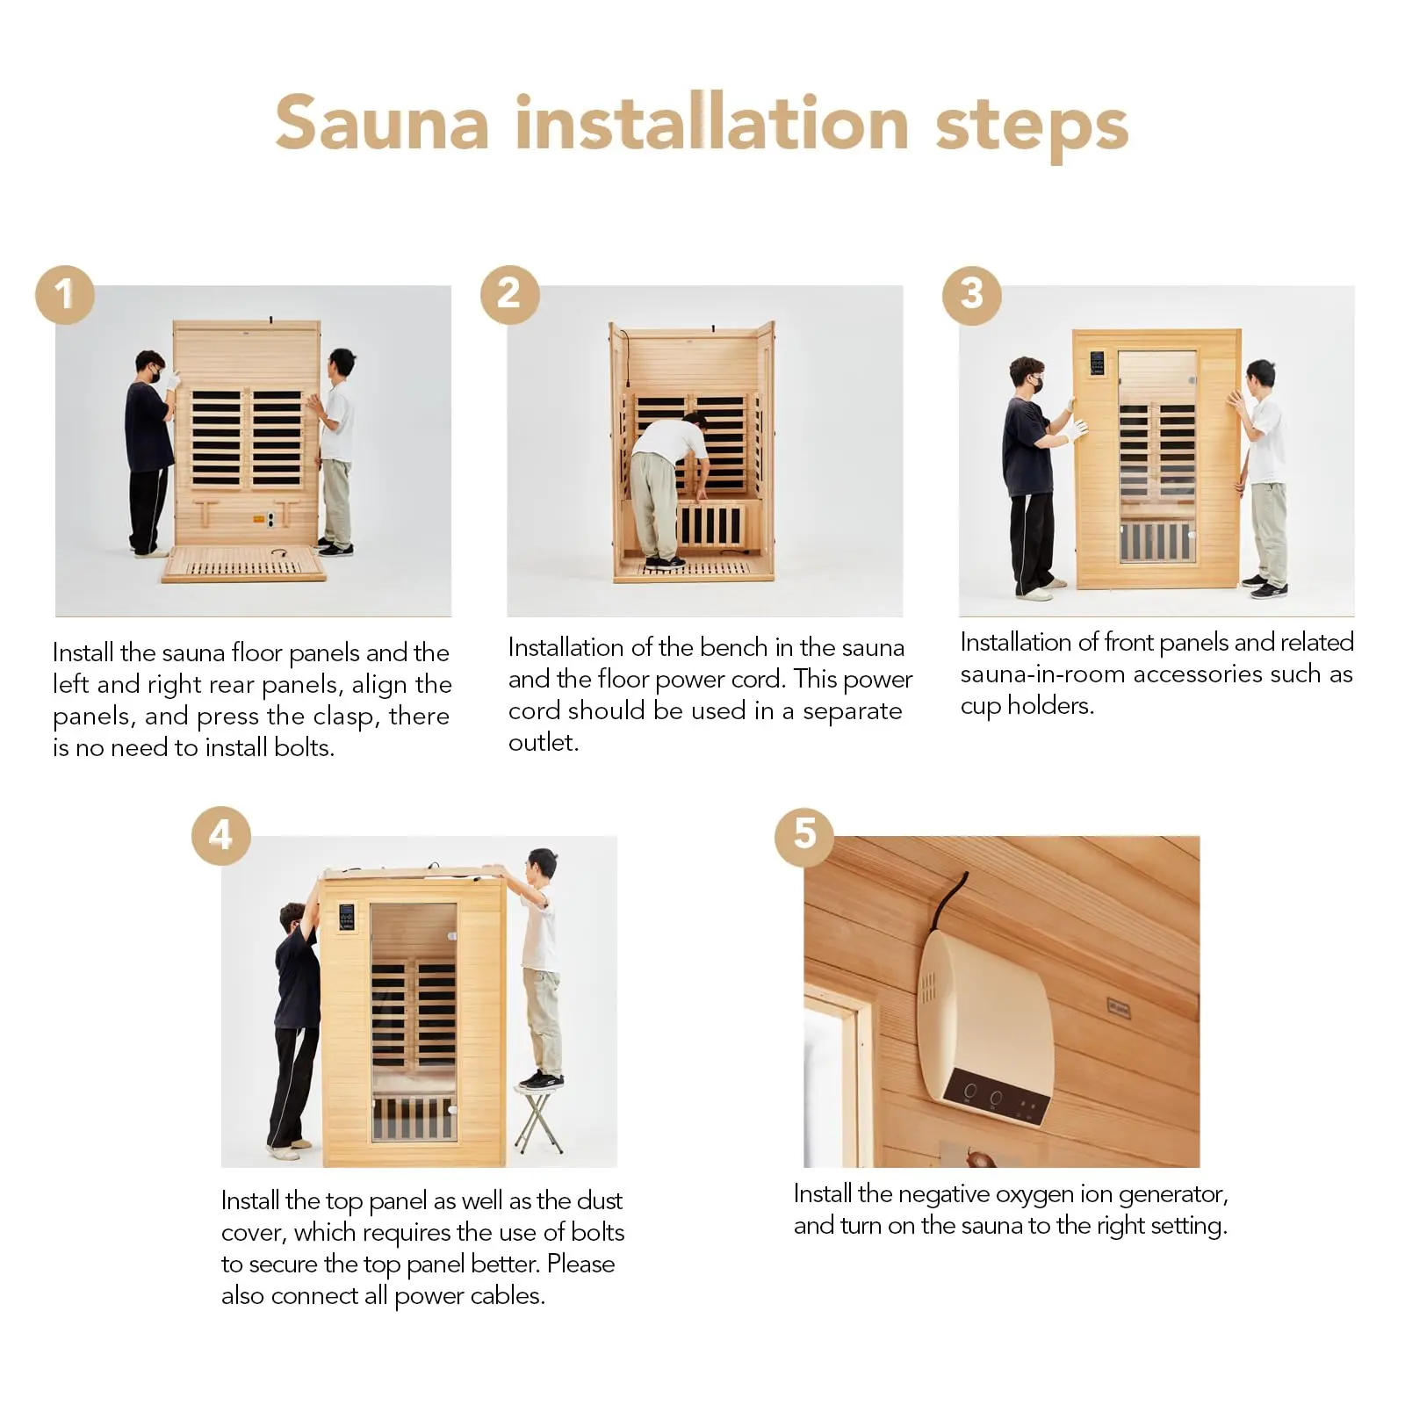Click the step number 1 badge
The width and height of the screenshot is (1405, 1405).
64,294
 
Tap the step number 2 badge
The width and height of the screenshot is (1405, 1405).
509,294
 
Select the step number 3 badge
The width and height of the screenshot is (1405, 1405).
971,294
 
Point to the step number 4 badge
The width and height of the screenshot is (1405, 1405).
221,835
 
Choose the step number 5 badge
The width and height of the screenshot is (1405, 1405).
803,835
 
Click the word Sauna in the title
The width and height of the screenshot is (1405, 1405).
382,123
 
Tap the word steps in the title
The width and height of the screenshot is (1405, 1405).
1032,127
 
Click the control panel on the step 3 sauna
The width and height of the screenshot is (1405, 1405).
1097,364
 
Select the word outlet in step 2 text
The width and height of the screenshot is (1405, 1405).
543,743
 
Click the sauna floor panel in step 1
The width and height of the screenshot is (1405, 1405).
243,563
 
